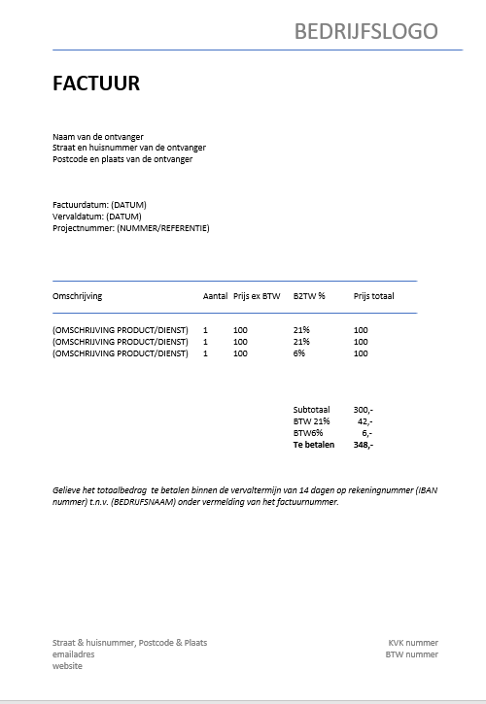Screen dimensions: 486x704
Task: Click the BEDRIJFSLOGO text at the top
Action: [x=365, y=31]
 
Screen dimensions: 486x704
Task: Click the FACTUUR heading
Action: [x=96, y=84]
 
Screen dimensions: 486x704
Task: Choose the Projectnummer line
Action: [x=130, y=228]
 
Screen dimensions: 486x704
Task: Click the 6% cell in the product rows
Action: [x=298, y=353]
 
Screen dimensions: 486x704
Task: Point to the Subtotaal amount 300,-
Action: [x=363, y=410]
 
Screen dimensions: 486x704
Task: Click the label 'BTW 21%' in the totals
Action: [x=311, y=421]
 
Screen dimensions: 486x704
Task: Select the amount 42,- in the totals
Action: [x=364, y=421]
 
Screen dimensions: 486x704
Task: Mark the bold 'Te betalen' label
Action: [x=313, y=445]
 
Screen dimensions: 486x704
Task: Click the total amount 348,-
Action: [x=363, y=445]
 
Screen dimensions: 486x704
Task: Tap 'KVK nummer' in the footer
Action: [x=413, y=643]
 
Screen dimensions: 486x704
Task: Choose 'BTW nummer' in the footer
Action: [x=412, y=654]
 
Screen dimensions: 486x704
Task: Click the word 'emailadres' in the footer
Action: [x=74, y=654]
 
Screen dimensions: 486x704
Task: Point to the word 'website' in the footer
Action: [x=67, y=666]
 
